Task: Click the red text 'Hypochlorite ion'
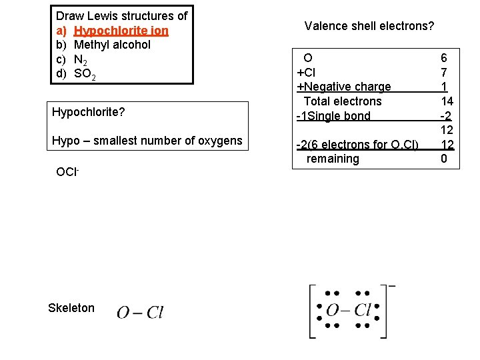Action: [x=121, y=31]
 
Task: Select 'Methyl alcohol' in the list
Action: [x=112, y=45]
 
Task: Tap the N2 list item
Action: [x=83, y=59]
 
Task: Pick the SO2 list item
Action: [x=85, y=74]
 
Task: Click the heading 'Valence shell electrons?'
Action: [x=369, y=27]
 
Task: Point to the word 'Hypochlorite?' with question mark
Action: [x=88, y=112]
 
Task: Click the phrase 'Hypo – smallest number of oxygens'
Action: [x=147, y=141]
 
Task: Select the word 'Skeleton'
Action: [x=71, y=308]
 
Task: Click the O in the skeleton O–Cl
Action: [x=123, y=313]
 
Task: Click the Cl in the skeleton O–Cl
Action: [x=155, y=313]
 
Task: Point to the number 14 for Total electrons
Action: [x=447, y=101]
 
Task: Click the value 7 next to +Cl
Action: [x=443, y=72]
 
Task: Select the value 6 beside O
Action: [x=443, y=58]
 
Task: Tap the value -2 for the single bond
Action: [x=446, y=116]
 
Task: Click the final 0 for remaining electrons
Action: [x=443, y=159]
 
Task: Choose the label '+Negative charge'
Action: [x=343, y=87]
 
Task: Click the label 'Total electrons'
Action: [x=343, y=101]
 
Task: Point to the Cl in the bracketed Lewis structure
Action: [x=362, y=311]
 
